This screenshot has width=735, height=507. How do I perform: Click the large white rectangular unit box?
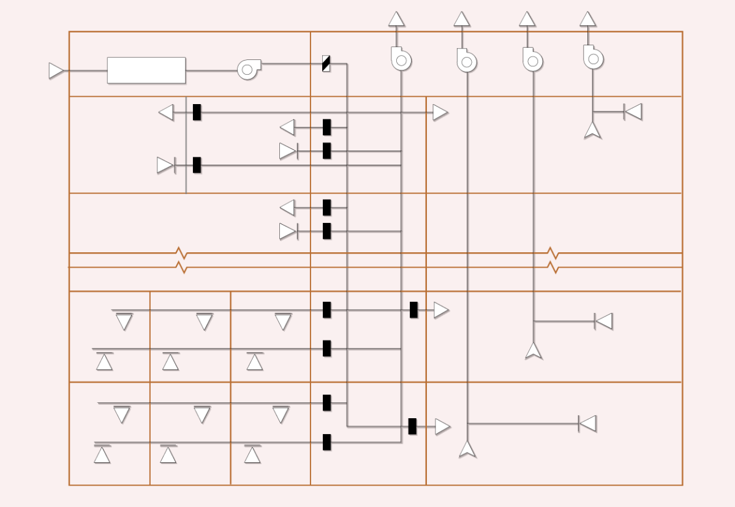[146, 70]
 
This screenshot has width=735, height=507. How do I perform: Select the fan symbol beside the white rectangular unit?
[248, 69]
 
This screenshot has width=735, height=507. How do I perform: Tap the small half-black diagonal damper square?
[326, 63]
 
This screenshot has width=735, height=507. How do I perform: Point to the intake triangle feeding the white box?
[56, 70]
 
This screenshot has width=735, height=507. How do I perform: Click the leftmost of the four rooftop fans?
[401, 59]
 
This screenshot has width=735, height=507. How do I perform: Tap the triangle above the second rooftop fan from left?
[462, 19]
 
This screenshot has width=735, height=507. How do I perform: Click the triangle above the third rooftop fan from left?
[527, 19]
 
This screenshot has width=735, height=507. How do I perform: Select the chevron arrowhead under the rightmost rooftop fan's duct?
[592, 130]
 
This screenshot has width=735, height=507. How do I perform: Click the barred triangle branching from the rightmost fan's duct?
[633, 111]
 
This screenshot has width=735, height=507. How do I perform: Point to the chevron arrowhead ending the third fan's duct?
[533, 351]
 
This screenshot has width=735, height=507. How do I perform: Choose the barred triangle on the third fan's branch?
[604, 321]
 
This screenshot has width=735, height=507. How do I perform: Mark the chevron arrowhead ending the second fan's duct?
[467, 449]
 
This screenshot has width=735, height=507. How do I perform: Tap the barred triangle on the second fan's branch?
[588, 423]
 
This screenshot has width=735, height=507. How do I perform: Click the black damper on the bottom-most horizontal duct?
[327, 442]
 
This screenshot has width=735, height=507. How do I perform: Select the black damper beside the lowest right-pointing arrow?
[413, 426]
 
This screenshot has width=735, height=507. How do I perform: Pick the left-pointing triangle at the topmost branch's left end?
[166, 112]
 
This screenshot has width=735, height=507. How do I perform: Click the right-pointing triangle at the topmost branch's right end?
[440, 113]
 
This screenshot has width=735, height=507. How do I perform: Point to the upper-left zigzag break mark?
[181, 253]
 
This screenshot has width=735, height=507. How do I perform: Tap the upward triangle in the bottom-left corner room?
[102, 454]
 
